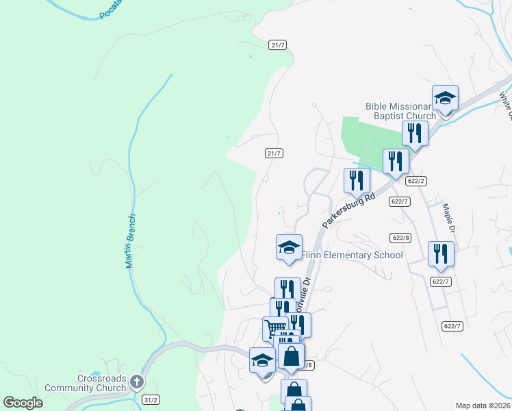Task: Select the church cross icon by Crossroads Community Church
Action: click(x=137, y=382)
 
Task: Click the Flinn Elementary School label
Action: click(x=352, y=256)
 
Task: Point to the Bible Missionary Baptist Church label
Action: click(x=401, y=111)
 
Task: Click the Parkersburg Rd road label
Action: click(x=349, y=210)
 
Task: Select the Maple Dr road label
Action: click(x=448, y=218)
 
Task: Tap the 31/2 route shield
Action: click(x=151, y=399)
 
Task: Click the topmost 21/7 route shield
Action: click(x=277, y=45)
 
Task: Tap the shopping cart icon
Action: click(x=274, y=329)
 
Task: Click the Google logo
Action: click(x=23, y=403)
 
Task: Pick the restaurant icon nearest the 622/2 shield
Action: click(x=396, y=161)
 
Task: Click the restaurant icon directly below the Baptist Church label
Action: click(x=414, y=133)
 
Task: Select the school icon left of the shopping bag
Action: click(x=262, y=360)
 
